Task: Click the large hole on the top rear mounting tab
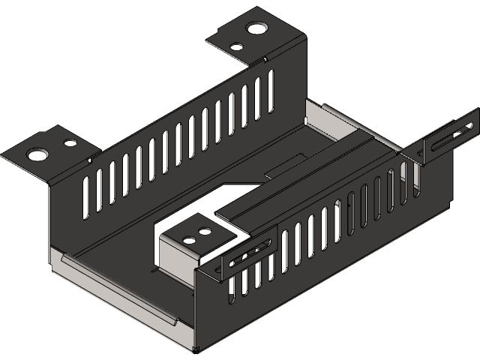point(256,28)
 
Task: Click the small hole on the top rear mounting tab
point(235,46)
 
